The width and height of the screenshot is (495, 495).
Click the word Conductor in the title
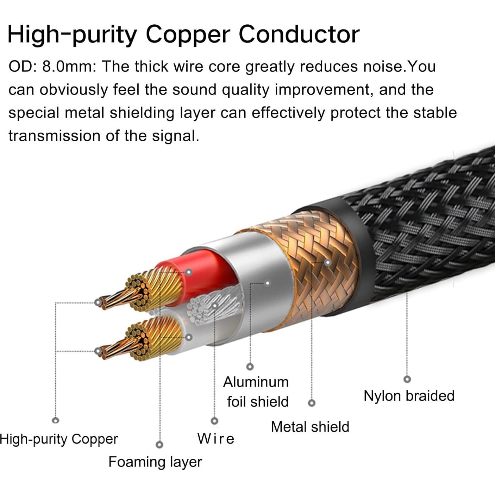click(299, 35)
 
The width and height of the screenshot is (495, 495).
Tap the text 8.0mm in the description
click(69, 67)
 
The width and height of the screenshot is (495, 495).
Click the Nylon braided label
click(409, 396)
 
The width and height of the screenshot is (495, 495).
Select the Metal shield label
click(310, 427)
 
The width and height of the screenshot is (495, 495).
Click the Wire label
click(215, 439)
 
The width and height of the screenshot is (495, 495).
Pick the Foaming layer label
click(155, 462)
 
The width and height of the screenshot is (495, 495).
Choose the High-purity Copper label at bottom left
click(59, 439)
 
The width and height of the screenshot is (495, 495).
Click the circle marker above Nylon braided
click(407, 379)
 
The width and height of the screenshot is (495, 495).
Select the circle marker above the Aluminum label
click(250, 367)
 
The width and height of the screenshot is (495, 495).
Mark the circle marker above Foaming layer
click(159, 445)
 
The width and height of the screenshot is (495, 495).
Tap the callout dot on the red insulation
click(189, 272)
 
